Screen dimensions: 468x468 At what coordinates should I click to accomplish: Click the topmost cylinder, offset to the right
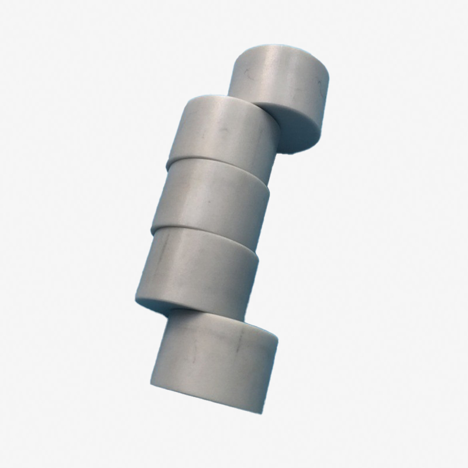tap(281, 88)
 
